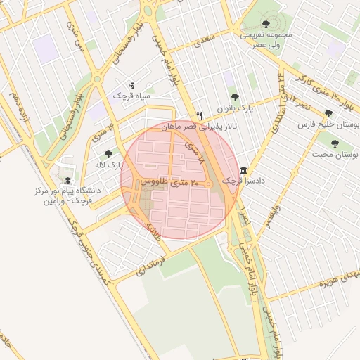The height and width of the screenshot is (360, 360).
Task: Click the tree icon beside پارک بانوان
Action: click(235, 98)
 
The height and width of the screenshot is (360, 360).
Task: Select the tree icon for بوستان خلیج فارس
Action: click(328, 113)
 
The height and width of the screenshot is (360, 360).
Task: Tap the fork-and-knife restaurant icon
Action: click(200, 116)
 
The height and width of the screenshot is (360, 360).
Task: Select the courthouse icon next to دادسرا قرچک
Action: click(243, 170)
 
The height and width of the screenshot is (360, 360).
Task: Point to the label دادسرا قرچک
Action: click(240, 181)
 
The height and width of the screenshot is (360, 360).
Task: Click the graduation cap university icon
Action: click(67, 180)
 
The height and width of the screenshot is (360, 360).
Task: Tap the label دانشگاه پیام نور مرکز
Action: click(68, 191)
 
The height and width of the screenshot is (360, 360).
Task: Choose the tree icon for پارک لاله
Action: click(108, 154)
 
